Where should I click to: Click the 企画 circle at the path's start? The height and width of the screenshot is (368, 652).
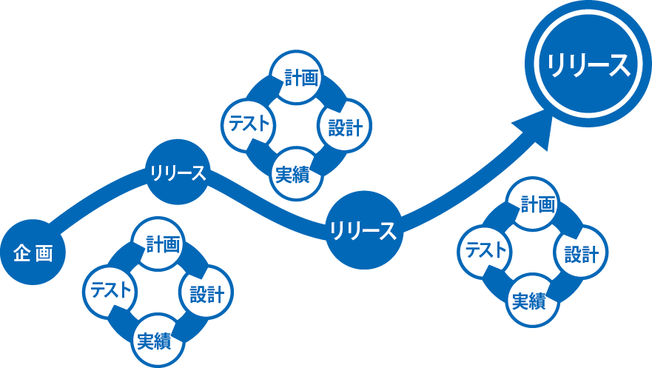(33, 253)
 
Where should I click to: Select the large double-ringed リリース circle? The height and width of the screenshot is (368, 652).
(588, 65)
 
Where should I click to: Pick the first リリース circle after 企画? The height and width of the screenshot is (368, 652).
(177, 173)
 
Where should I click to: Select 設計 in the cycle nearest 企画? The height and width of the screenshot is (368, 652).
(206, 294)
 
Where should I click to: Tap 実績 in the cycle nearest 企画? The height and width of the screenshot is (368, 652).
(154, 341)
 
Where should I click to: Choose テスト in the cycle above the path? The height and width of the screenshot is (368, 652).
(247, 123)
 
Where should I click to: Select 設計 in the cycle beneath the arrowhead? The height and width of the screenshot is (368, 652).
(581, 255)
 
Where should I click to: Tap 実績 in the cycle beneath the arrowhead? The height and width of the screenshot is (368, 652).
(529, 301)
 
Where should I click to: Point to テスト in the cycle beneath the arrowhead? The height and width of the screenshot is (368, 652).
(485, 250)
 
